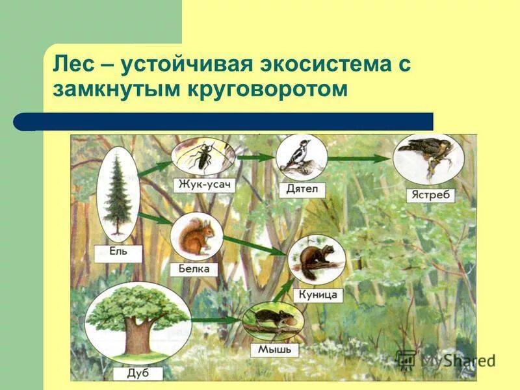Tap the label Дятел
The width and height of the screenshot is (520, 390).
pyautogui.click(x=300, y=189)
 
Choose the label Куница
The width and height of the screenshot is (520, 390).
pyautogui.click(x=318, y=294)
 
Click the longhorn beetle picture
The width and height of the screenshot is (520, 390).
pyautogui.click(x=203, y=156)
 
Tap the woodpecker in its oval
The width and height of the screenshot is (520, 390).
pyautogui.click(x=301, y=157)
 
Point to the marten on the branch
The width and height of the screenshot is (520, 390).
pyautogui.click(x=316, y=259)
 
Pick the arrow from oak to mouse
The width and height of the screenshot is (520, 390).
pyautogui.click(x=215, y=320)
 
